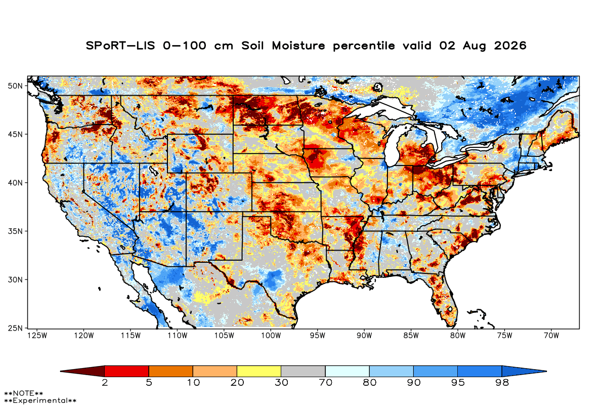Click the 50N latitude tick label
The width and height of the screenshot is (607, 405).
(15, 86)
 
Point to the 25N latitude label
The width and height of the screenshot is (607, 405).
(15, 328)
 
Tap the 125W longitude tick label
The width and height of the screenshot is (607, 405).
(37, 336)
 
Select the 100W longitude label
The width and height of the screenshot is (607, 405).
(271, 336)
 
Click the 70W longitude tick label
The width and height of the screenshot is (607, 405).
(551, 336)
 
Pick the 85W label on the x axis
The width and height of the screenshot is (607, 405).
(411, 336)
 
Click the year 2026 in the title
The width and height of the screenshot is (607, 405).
(510, 46)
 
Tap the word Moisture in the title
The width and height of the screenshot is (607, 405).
(298, 46)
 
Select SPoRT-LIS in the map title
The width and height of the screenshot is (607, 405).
(120, 46)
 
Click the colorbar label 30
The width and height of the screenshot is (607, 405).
(281, 383)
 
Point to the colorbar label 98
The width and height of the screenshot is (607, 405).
(502, 383)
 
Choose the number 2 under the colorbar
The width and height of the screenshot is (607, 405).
(105, 383)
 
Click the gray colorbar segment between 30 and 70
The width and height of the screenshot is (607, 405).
(303, 371)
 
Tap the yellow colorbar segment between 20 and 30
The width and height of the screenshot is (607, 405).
(259, 371)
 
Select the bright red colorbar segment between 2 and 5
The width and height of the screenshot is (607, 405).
(127, 371)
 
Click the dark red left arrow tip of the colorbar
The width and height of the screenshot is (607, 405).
(61, 371)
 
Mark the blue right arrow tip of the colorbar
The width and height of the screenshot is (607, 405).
(546, 371)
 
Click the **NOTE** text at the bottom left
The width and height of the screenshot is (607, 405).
(24, 393)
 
